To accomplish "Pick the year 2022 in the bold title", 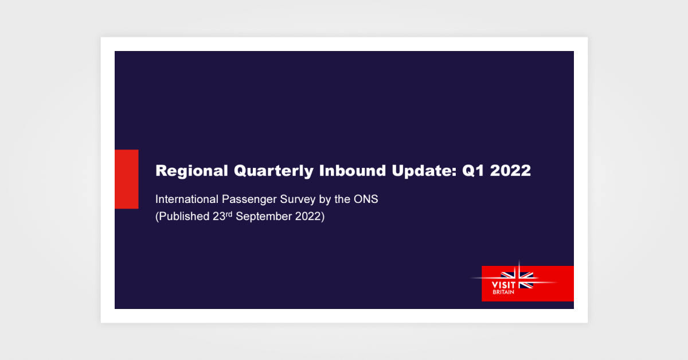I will click(x=512, y=171).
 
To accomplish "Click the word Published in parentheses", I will click(x=183, y=218).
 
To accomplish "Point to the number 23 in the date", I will click(x=218, y=218).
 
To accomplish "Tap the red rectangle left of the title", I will click(x=126, y=179).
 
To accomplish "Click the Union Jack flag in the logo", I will click(x=518, y=279).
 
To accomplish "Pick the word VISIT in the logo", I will click(x=504, y=284).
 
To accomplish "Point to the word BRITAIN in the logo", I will click(x=503, y=292).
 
